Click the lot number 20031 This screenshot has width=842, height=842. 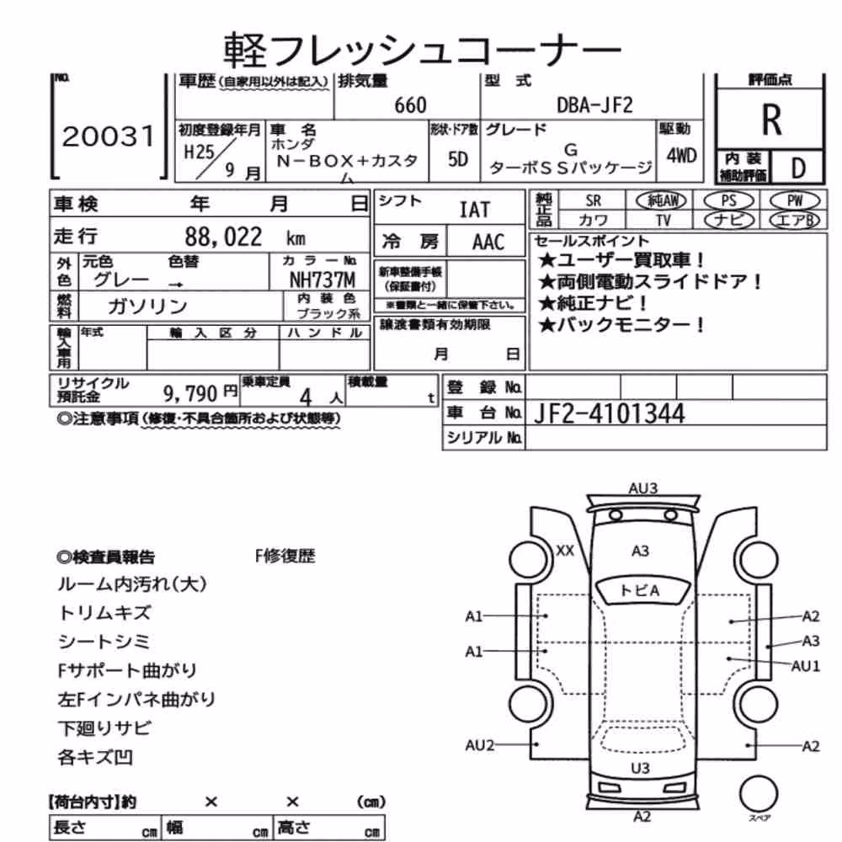click(109, 136)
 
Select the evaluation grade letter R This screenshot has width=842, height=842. click(771, 120)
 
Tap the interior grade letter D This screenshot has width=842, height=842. click(798, 168)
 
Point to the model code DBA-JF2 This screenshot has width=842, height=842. click(595, 104)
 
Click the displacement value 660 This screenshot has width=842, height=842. click(410, 105)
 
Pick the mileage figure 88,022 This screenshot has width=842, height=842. click(223, 237)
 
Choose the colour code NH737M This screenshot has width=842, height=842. click(322, 280)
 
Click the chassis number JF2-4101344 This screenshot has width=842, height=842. click(610, 413)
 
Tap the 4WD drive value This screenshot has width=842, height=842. click(681, 156)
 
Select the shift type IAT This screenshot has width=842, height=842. click(475, 210)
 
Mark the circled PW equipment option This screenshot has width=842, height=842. click(795, 201)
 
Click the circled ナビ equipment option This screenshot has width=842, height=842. click(728, 220)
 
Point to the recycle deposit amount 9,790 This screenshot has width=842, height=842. click(190, 394)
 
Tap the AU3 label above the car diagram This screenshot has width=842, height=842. click(642, 488)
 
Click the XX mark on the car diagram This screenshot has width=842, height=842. click(565, 551)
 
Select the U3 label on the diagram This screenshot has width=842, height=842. click(640, 769)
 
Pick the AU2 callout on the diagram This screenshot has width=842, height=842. click(479, 745)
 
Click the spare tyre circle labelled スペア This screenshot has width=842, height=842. click(759, 794)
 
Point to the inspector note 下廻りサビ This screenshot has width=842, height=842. click(104, 728)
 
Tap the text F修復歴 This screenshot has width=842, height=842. click(285, 556)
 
